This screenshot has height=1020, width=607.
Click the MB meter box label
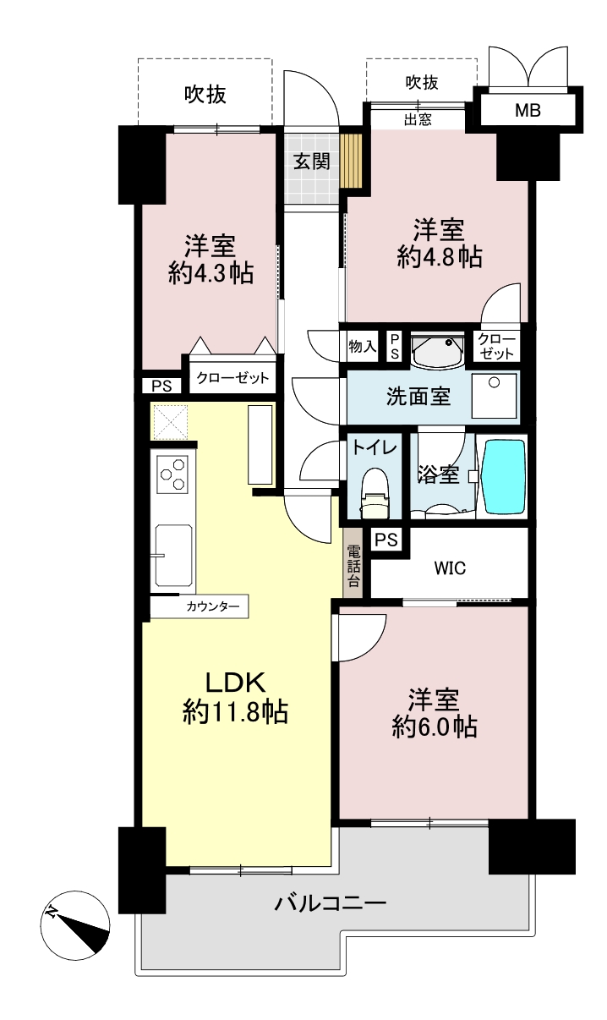(x=528, y=110)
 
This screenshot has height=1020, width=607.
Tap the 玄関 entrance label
(x=312, y=162)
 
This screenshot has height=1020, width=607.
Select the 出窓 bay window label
(x=418, y=119)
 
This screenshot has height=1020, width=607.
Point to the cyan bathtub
(x=504, y=476)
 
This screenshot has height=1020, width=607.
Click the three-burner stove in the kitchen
(x=172, y=474)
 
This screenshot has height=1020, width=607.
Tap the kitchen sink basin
(x=173, y=556)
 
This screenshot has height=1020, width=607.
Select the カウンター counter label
(x=213, y=606)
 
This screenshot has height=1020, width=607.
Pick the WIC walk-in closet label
(x=450, y=568)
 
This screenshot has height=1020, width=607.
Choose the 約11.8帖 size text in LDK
(x=235, y=712)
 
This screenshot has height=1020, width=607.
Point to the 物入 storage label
(x=362, y=347)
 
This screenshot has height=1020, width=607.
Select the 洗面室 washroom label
(x=418, y=396)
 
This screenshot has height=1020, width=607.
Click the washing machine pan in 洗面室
(x=495, y=396)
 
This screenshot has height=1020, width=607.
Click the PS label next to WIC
(x=386, y=540)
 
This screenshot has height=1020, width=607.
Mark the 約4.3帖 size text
(x=211, y=274)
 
